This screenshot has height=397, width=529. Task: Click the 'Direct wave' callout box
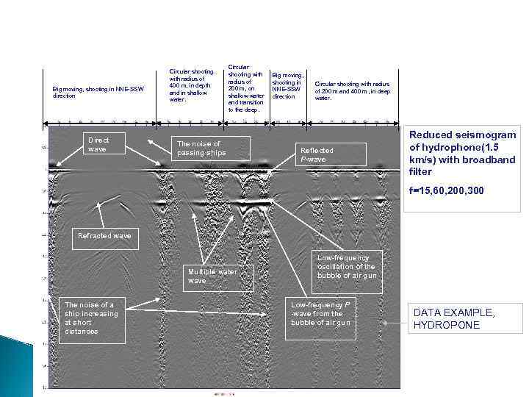point(104,143)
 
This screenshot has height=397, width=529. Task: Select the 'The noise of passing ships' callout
point(209,148)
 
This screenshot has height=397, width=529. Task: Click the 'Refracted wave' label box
point(104,236)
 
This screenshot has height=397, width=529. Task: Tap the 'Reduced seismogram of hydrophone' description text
point(462,153)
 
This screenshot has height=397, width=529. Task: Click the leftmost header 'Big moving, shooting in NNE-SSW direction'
point(98,92)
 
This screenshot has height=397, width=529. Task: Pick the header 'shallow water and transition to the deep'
point(245,88)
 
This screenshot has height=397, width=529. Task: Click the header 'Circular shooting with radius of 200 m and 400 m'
point(352,90)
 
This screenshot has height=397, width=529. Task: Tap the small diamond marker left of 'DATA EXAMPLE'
point(384,323)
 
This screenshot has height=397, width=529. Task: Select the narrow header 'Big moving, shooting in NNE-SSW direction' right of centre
point(287,85)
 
